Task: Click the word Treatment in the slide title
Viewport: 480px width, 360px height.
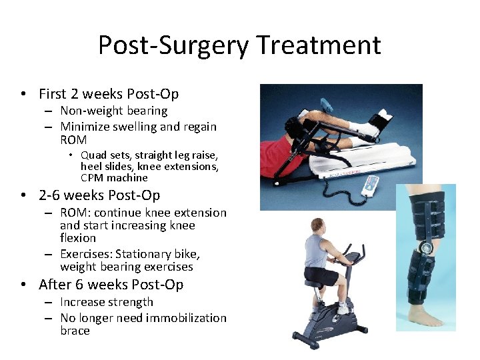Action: point(319,45)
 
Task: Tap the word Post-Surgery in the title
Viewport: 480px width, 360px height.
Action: point(173,45)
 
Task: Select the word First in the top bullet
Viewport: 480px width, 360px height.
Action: point(53,94)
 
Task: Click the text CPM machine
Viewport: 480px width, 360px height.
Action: point(114,177)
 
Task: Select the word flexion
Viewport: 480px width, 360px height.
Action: point(78,238)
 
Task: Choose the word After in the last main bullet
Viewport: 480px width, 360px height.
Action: point(55,285)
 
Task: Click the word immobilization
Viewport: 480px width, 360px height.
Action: point(180,318)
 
